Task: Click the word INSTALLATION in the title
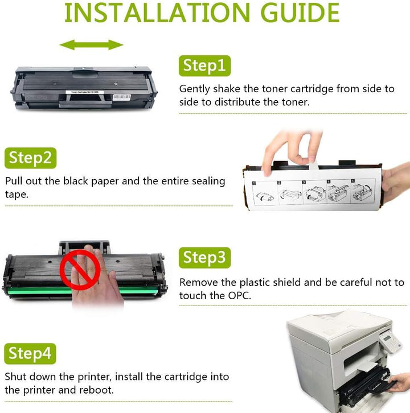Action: [x=157, y=13]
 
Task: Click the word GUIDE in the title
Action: [x=300, y=13]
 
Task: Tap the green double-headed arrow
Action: [x=91, y=45]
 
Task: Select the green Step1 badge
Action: [x=204, y=66]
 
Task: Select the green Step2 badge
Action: [x=31, y=158]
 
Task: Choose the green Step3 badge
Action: [x=204, y=258]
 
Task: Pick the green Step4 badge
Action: [x=30, y=354]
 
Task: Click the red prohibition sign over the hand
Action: [x=80, y=270]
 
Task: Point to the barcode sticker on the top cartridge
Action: [x=121, y=97]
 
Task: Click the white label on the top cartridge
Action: [x=85, y=92]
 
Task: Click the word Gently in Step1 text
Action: [x=194, y=89]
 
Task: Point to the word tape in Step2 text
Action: [x=17, y=195]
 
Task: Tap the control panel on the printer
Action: [x=390, y=342]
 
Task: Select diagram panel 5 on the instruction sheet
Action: [x=362, y=191]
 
